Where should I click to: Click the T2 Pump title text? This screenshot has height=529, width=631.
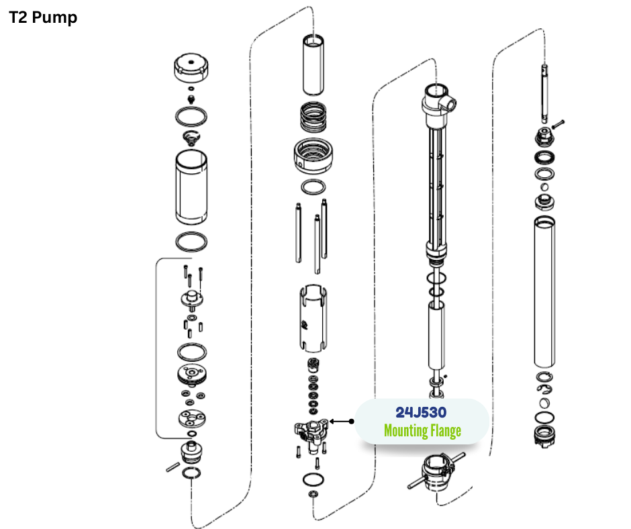click(x=43, y=17)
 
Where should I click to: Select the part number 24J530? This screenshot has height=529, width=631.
click(x=421, y=412)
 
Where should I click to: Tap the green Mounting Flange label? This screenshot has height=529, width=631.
click(x=422, y=430)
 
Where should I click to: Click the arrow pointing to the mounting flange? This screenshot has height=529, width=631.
click(x=342, y=422)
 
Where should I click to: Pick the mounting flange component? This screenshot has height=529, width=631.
click(x=311, y=433)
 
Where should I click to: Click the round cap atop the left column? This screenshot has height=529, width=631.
click(x=191, y=67)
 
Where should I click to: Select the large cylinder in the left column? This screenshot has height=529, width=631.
click(x=191, y=187)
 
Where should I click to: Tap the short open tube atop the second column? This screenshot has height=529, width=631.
click(x=313, y=65)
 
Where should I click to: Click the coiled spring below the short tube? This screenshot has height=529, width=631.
click(x=313, y=117)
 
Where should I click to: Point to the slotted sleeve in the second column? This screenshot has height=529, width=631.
click(x=313, y=318)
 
